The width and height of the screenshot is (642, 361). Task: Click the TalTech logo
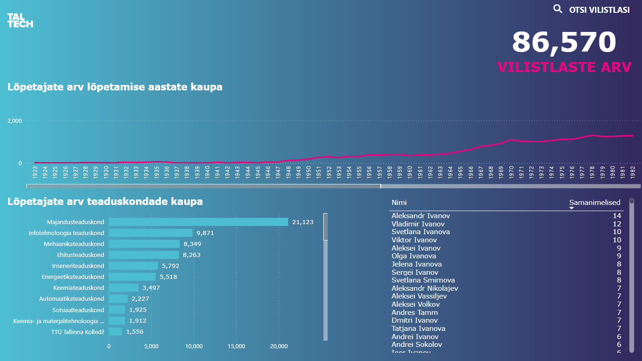coord(20,21)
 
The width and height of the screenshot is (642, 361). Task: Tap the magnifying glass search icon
coord(558,9)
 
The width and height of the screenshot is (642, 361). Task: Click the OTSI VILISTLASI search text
coord(599,10)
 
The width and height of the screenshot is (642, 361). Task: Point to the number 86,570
coord(564,42)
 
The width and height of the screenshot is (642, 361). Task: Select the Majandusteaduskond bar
coord(198,222)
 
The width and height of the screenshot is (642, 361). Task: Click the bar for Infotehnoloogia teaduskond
coord(150,233)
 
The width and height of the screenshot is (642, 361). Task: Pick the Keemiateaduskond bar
coord(124,288)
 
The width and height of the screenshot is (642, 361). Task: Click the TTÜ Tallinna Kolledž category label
coord(78,332)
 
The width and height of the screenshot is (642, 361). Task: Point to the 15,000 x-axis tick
coord(236,346)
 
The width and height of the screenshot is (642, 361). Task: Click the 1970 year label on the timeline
coord(511,171)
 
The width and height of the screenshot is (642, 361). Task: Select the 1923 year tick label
coord(35,171)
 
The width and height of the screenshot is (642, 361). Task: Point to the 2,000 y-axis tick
coord(15,121)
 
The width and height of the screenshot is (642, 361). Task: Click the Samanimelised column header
coord(595,203)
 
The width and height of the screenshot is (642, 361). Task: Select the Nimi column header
coord(399,203)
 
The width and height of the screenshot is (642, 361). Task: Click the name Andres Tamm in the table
coord(414,313)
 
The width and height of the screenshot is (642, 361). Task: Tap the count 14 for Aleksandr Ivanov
coord(616,216)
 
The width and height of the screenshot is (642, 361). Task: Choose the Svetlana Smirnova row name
coord(423,280)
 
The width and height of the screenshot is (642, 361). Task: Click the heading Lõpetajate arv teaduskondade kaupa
coord(105,202)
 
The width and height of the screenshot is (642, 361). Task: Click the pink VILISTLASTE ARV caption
coord(564,67)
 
